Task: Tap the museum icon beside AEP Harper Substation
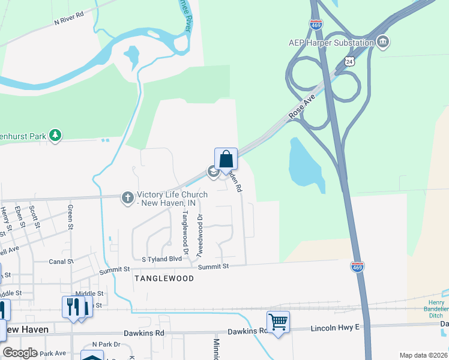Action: click(x=382, y=42)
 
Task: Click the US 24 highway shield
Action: click(x=350, y=61)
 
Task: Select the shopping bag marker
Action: click(x=226, y=160)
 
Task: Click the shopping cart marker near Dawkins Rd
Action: click(x=278, y=322)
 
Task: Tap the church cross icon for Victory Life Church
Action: click(x=127, y=197)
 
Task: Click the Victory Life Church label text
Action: click(x=172, y=199)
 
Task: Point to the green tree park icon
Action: click(x=55, y=135)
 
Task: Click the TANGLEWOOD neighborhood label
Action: click(x=164, y=278)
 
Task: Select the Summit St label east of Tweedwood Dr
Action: click(x=214, y=266)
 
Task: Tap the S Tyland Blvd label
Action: click(x=161, y=259)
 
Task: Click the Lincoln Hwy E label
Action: click(x=335, y=328)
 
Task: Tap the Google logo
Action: click(x=20, y=352)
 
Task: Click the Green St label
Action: click(x=71, y=217)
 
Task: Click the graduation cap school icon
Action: click(x=213, y=172)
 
